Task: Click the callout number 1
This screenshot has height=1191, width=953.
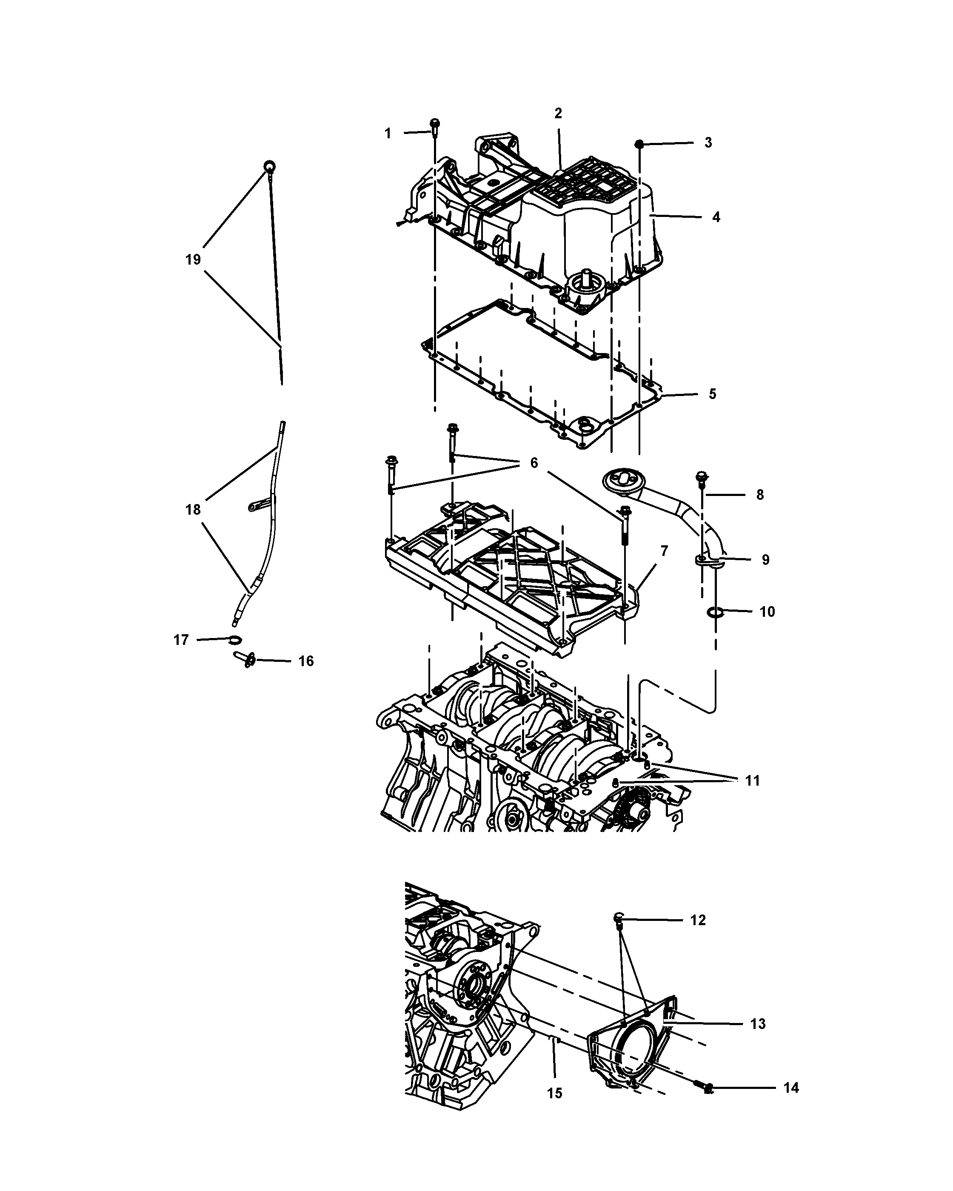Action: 388,133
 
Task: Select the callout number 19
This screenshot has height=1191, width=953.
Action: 193,259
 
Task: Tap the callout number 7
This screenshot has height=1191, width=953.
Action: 664,551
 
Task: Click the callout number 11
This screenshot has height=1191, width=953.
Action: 753,781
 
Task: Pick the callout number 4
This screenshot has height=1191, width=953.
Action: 716,217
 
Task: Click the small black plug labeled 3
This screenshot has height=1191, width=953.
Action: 639,144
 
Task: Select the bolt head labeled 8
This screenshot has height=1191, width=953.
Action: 702,475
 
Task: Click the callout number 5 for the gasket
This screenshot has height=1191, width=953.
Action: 712,394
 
